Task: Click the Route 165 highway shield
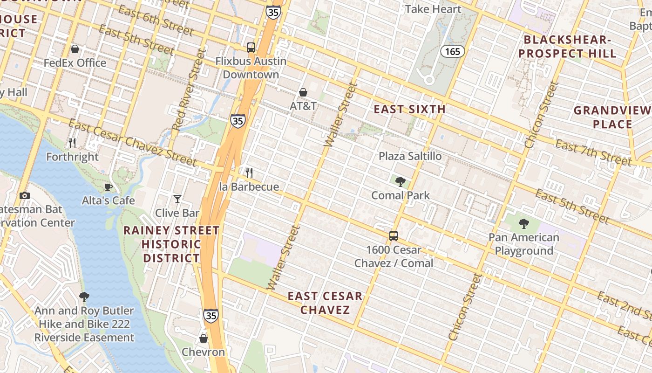pos(453,51)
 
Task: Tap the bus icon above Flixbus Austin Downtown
pos(251,47)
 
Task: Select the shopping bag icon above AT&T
pos(303,92)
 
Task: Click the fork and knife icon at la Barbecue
pos(249,173)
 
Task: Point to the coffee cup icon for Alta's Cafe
pos(109,187)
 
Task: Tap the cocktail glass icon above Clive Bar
pos(177,199)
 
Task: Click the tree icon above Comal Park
pos(400,181)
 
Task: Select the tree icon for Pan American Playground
pos(524,224)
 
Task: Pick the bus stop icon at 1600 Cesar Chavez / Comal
pos(394,236)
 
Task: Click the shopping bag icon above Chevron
pos(204,338)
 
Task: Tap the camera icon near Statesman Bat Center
pos(25,196)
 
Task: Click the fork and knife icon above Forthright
pos(72,143)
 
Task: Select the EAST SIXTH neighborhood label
pos(410,110)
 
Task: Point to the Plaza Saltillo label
pos(410,156)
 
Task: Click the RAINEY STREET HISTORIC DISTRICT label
pos(171,244)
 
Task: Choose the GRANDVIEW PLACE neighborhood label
pos(612,117)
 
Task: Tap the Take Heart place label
pos(433,9)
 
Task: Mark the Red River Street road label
pos(189,90)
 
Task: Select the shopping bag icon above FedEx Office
pos(75,49)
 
